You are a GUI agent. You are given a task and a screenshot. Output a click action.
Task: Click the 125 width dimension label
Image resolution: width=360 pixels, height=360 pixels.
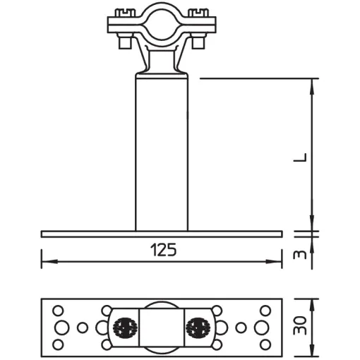point(163,250)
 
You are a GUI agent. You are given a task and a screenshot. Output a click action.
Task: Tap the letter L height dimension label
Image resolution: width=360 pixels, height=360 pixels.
point(301,157)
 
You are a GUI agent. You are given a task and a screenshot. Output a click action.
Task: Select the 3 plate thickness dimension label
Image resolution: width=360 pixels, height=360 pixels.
point(300,255)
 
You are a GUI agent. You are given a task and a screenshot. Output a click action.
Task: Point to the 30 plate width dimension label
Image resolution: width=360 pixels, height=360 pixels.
point(301,325)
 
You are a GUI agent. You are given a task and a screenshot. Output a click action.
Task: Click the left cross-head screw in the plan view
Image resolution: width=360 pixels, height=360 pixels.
point(125,327)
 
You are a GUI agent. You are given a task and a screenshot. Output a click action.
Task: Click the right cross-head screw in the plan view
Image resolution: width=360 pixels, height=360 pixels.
point(198,327)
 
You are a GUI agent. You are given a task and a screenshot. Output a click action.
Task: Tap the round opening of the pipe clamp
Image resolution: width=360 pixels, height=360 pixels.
point(162,24)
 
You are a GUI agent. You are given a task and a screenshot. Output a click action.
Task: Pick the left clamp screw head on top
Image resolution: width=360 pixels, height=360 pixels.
point(125,12)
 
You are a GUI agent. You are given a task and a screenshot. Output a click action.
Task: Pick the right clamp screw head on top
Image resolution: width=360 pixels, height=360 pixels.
point(198,12)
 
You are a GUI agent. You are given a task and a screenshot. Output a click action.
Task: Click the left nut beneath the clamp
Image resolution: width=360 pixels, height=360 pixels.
point(125,43)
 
